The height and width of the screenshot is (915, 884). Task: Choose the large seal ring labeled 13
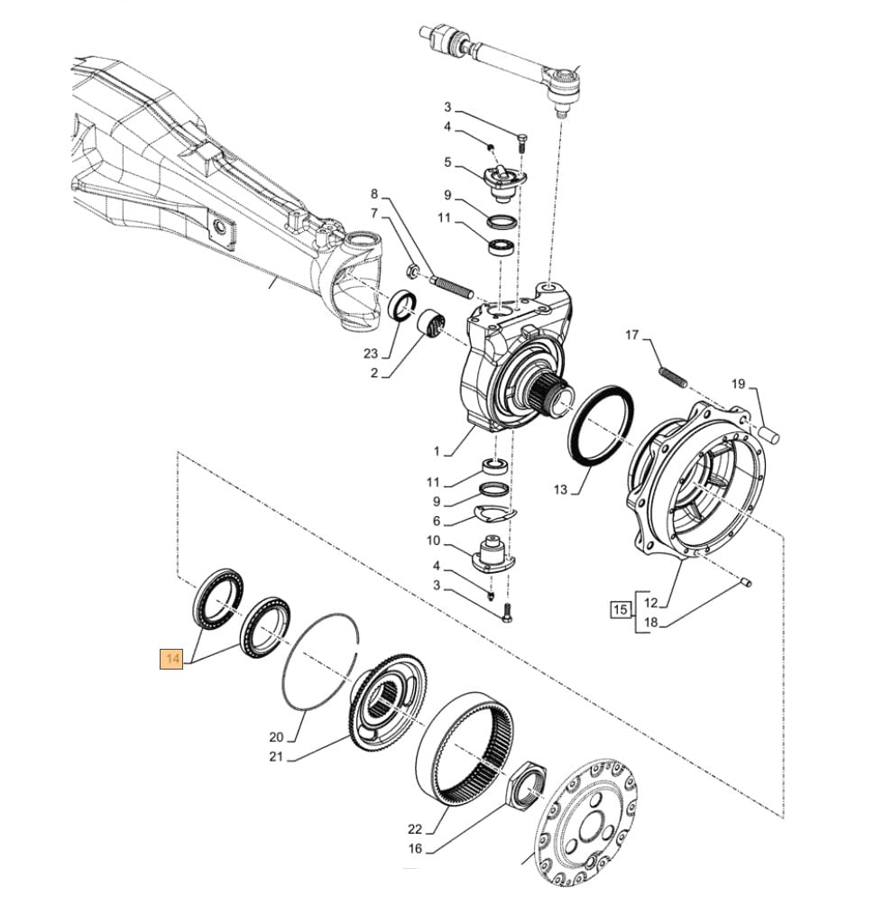click(596, 423)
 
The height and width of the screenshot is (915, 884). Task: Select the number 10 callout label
click(433, 541)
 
